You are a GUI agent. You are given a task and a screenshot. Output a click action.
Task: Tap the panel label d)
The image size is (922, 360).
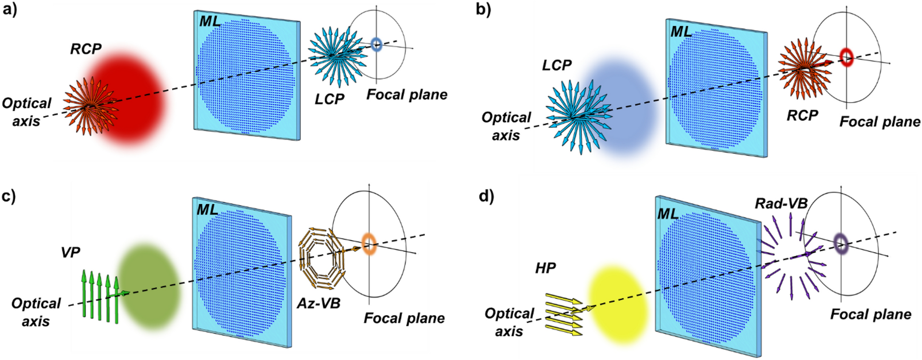coord(486,196)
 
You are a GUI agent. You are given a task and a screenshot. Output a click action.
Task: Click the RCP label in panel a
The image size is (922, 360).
coord(85,49)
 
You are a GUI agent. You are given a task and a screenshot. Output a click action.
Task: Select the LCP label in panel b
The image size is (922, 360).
coord(556,65)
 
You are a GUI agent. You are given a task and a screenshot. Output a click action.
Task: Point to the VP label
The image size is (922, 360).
coord(70,252)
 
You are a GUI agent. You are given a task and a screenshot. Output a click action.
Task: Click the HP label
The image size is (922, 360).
coord(545,268)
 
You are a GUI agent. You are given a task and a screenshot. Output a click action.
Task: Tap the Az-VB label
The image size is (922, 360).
coord(318,303)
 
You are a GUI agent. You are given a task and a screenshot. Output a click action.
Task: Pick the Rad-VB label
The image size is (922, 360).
coord(781,203)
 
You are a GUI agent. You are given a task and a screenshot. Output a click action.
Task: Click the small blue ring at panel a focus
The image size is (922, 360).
coord(376,45)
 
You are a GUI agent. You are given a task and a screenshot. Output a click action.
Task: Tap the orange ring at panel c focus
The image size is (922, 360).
coord(369,244)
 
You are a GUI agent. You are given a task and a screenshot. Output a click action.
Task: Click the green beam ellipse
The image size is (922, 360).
coord(149,280)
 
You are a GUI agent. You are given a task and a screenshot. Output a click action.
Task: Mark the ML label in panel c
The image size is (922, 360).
coord(207,210)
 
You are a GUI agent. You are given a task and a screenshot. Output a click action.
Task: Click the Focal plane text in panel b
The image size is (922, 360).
coord(879,122)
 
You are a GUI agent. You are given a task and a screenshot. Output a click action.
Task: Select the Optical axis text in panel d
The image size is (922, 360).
coord(509,322)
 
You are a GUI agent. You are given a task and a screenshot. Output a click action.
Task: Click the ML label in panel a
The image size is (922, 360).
coord(210,21)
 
